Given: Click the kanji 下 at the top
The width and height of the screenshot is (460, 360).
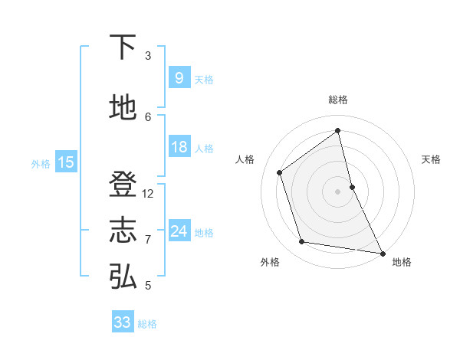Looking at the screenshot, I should click(x=123, y=47).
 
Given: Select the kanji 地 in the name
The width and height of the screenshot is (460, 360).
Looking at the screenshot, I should click(x=123, y=108).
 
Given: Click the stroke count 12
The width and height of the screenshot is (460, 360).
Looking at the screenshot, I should click(x=148, y=194).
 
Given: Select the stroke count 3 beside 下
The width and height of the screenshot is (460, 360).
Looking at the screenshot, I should click(x=148, y=56).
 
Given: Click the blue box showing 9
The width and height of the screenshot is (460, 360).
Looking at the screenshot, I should click(x=179, y=78).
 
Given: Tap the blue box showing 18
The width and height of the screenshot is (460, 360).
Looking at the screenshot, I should click(x=179, y=147).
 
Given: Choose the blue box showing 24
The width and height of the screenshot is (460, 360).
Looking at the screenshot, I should click(x=179, y=231).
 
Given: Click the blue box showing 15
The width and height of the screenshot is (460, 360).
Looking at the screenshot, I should click(x=66, y=162).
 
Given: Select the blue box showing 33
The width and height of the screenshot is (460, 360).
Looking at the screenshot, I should click(x=122, y=322).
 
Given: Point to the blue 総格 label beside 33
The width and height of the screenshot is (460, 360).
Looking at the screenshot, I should click(x=147, y=324).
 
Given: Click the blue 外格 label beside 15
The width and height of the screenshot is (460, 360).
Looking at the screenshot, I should click(x=41, y=163).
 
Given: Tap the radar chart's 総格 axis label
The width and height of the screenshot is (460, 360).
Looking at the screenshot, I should click(x=337, y=100).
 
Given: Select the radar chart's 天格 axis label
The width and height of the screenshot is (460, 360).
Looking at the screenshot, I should click(x=431, y=159).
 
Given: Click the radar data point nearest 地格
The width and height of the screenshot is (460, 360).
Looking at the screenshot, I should click(x=382, y=252).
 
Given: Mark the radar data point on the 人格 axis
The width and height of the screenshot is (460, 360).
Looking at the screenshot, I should click(x=280, y=172).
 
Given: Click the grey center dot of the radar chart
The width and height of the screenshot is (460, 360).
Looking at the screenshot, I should click(x=337, y=191).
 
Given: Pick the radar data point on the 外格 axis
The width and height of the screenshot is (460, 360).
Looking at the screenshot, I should click(x=302, y=242).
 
